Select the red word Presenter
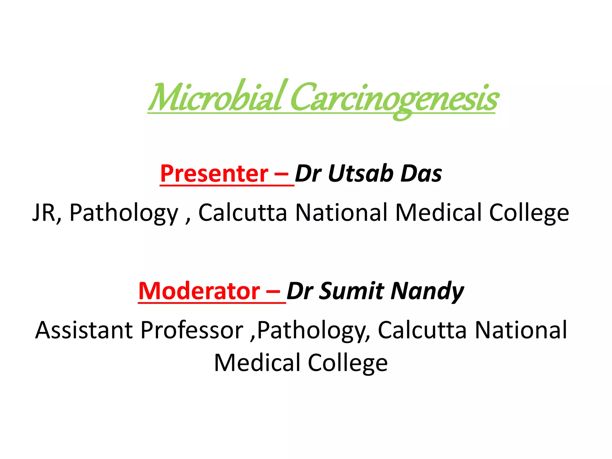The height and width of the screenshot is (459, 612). click(214, 174)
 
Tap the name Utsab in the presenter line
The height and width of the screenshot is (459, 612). click(360, 174)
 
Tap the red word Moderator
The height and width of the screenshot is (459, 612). click(199, 291)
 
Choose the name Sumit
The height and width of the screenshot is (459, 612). click(351, 291)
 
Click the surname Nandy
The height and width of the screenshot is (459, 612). click(427, 292)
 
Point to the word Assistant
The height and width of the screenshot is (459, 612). click(84, 330)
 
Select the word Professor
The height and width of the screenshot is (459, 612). click(192, 330)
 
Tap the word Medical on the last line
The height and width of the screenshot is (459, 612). click(257, 363)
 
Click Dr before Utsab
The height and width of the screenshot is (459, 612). click(308, 174)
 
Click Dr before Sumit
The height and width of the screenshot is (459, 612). click(300, 291)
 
